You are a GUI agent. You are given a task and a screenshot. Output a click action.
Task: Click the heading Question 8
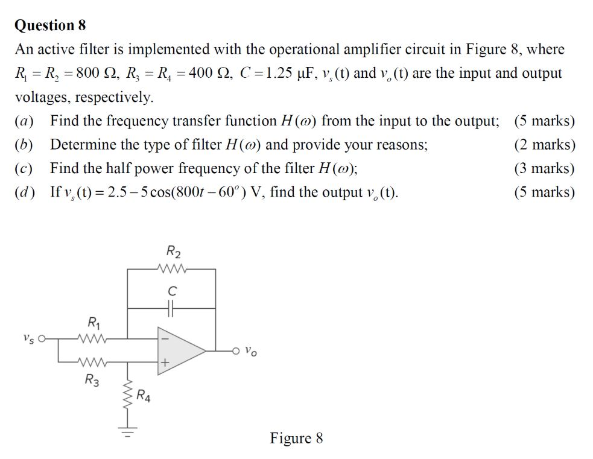[x=51, y=25]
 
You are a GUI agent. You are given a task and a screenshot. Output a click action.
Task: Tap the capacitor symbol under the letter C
[x=172, y=307]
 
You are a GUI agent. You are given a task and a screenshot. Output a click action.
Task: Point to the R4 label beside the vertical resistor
[x=144, y=396]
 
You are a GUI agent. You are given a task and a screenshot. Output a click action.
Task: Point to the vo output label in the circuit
[x=252, y=350]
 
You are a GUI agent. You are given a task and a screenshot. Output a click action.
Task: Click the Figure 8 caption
[x=296, y=438]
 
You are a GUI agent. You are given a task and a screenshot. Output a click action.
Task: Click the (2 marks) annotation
[x=545, y=145]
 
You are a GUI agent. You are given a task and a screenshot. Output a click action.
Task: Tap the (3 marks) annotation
[x=545, y=168]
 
